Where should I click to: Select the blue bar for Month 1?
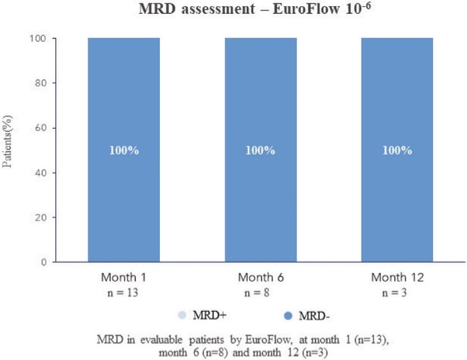[124, 150]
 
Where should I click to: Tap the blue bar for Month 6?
[261, 150]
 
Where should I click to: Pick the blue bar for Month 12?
[397, 150]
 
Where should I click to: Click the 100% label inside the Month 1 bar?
[124, 151]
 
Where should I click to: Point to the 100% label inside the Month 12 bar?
[397, 151]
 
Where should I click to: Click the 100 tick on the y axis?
[37, 39]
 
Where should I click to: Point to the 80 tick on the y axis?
[41, 83]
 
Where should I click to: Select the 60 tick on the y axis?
[41, 128]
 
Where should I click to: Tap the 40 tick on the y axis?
[41, 173]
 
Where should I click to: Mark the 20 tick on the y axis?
[41, 218]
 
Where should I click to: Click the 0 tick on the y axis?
[44, 262]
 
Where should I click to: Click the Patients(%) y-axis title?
[7, 141]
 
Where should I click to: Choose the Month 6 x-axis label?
[261, 278]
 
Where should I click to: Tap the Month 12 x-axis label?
[397, 278]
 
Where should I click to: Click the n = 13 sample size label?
[123, 292]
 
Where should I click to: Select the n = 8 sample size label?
[257, 292]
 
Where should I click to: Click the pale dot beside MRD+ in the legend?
[182, 315]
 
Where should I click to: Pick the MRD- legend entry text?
[314, 316]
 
